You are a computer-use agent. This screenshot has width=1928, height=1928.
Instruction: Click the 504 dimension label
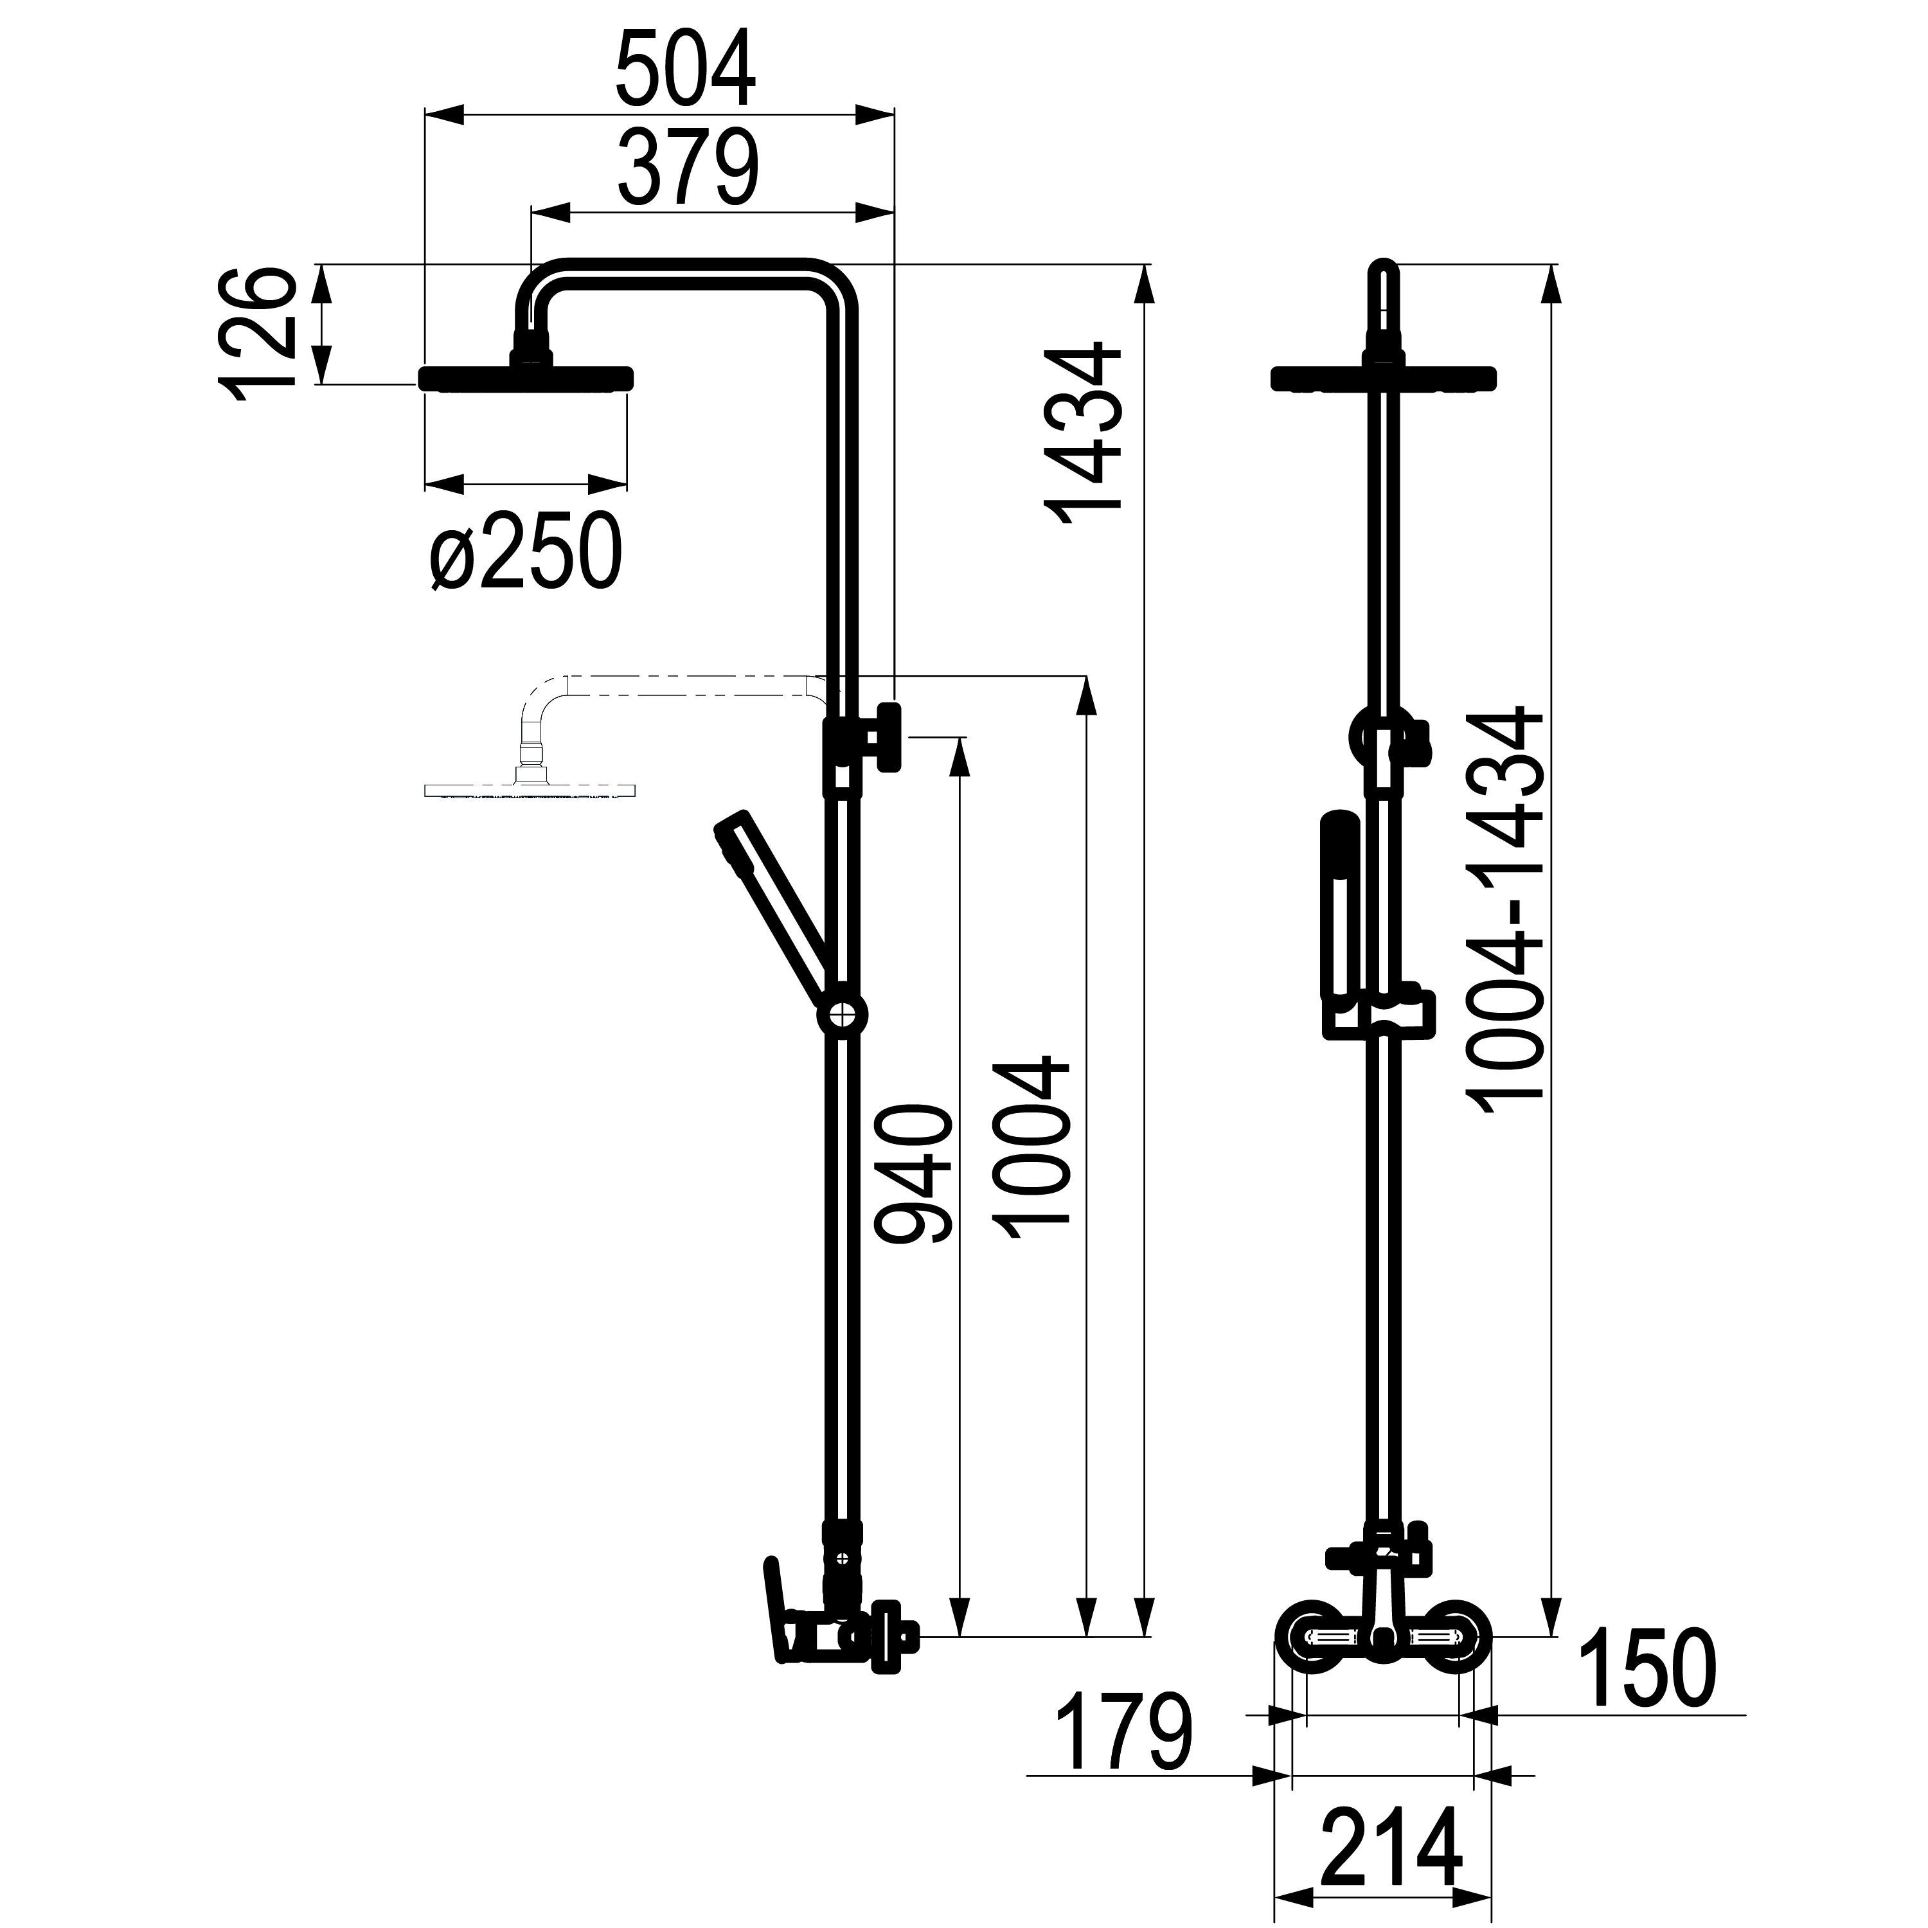[x=686, y=70]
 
